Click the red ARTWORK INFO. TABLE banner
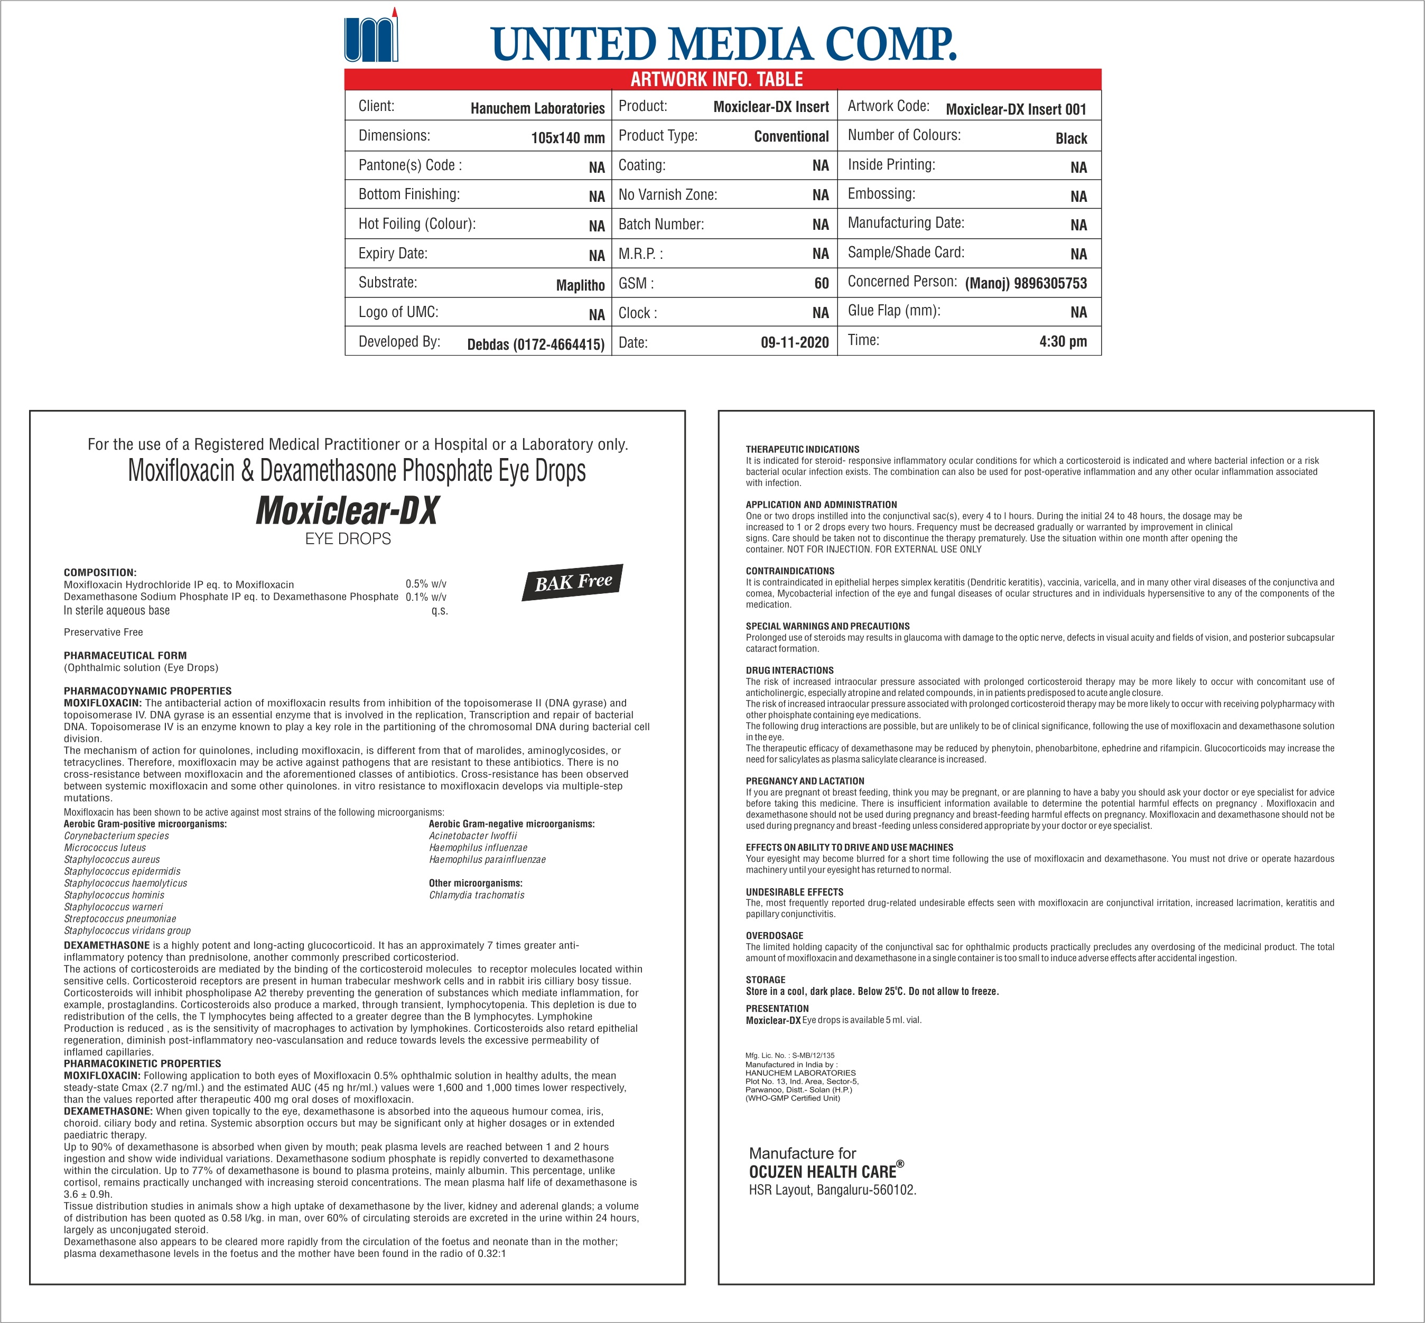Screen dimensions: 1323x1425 [722, 79]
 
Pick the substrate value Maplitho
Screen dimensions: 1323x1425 [580, 285]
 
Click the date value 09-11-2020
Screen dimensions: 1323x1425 [794, 342]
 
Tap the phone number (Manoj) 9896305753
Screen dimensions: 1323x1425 [1026, 283]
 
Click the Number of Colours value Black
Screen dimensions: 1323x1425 [1070, 138]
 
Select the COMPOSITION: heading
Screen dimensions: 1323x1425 [99, 572]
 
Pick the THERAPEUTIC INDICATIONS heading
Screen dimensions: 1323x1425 [802, 450]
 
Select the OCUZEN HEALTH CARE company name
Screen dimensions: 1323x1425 [822, 1171]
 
